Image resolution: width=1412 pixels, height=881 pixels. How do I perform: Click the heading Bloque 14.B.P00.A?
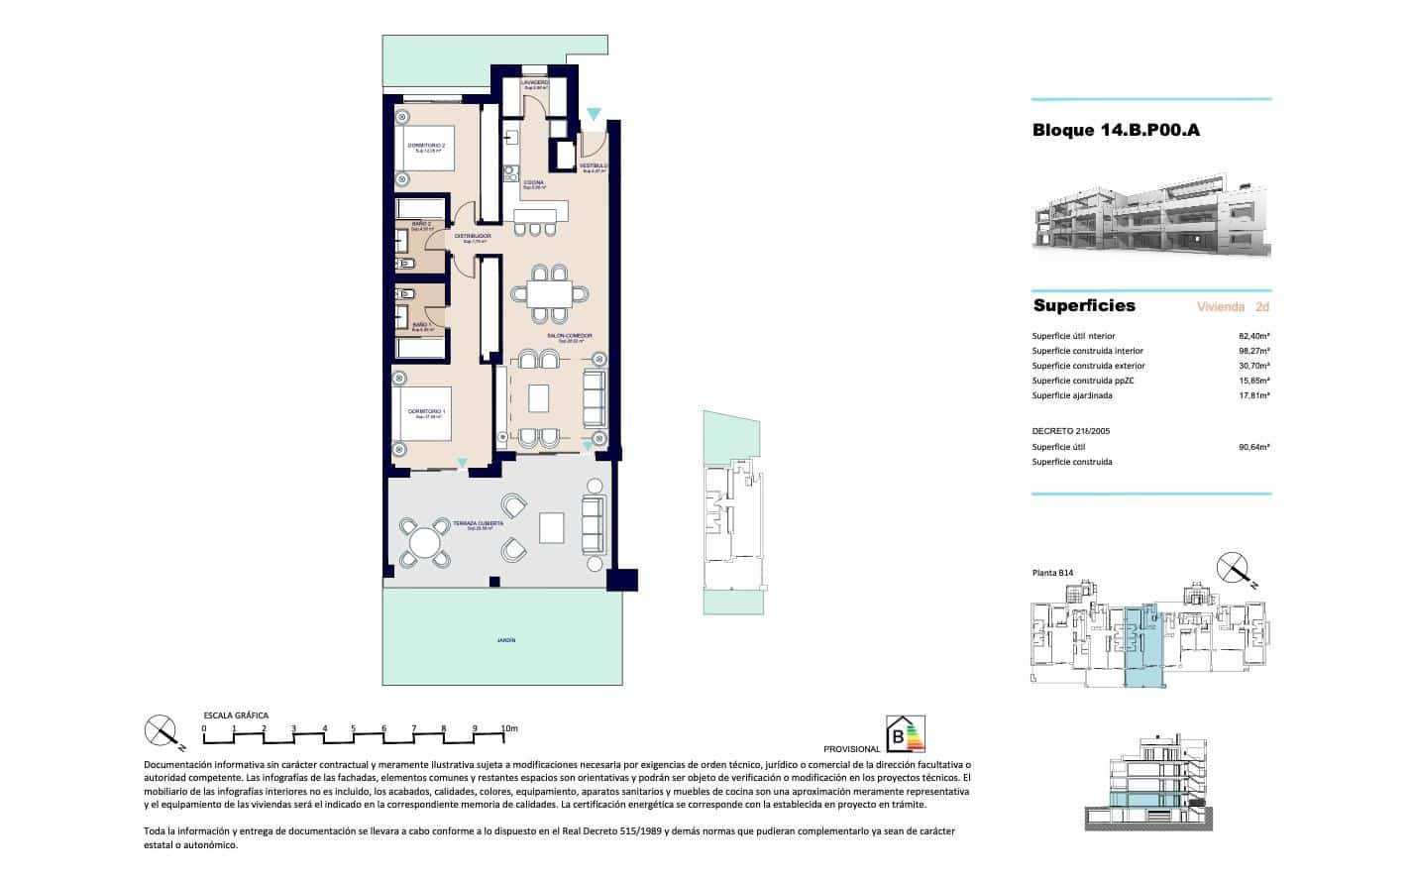[1116, 130]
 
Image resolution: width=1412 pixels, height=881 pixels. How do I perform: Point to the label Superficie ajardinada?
[1071, 395]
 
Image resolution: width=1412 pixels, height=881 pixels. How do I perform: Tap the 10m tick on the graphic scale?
[506, 728]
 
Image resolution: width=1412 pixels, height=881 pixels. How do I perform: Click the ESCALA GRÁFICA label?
[236, 715]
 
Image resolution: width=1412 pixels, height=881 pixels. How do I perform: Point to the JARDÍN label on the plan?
[506, 641]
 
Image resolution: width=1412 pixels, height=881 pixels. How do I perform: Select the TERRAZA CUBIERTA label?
[479, 523]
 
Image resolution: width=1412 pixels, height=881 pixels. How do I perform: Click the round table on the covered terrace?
[423, 542]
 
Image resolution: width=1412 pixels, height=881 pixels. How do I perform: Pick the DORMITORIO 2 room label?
[426, 146]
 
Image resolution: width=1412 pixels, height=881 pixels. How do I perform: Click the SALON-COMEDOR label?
[569, 336]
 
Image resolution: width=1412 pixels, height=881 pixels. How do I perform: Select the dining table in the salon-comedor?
[549, 294]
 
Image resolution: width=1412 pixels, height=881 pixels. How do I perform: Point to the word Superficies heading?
[1084, 305]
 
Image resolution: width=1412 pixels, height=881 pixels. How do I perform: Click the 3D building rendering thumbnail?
[1150, 219]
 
